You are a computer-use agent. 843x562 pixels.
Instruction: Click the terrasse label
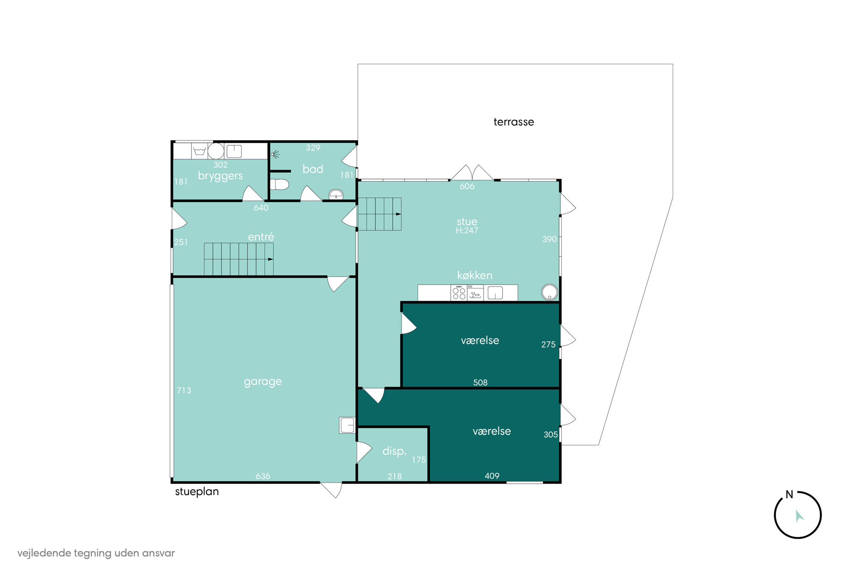coord(513,122)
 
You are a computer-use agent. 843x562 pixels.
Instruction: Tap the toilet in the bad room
coord(279,184)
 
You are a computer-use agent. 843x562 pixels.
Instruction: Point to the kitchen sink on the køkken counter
coord(495,293)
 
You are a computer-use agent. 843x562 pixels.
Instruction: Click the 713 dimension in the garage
coord(184,390)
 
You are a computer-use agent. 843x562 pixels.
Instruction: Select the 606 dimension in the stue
coord(467,186)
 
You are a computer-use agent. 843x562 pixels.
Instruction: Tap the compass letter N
coord(789,494)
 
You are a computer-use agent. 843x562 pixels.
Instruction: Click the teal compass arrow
coord(799,516)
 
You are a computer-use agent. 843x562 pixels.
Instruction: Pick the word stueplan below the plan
coord(197,491)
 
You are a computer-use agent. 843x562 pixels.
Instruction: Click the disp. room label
coord(394,451)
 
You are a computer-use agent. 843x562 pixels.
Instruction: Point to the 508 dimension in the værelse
coord(480,382)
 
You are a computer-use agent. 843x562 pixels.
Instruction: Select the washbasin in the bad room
coord(336,195)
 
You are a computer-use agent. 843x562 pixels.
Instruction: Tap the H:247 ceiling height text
coord(467,231)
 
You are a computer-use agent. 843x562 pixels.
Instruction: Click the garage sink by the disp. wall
coord(347,425)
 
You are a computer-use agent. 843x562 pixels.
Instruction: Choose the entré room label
coord(261,237)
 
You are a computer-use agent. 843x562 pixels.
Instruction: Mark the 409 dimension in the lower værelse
coord(492,476)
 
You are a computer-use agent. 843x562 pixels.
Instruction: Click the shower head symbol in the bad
coord(274,155)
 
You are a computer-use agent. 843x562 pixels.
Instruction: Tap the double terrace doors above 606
coord(472,172)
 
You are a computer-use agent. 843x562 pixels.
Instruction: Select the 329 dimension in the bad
coord(313,148)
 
